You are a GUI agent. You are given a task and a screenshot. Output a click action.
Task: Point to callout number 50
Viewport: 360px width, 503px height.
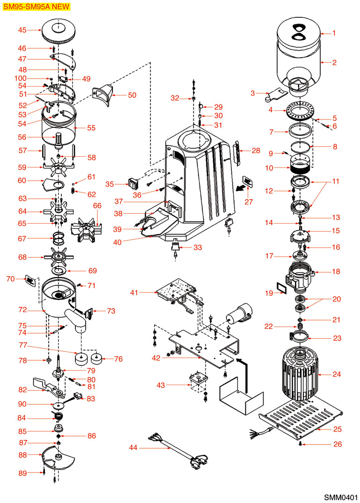(132, 95)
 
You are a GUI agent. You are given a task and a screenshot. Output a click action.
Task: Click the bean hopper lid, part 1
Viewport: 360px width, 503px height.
(298, 29)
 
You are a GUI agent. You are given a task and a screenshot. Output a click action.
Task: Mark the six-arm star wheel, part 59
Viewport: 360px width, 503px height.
(59, 167)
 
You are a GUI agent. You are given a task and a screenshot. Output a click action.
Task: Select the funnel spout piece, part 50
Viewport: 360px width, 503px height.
(104, 95)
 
